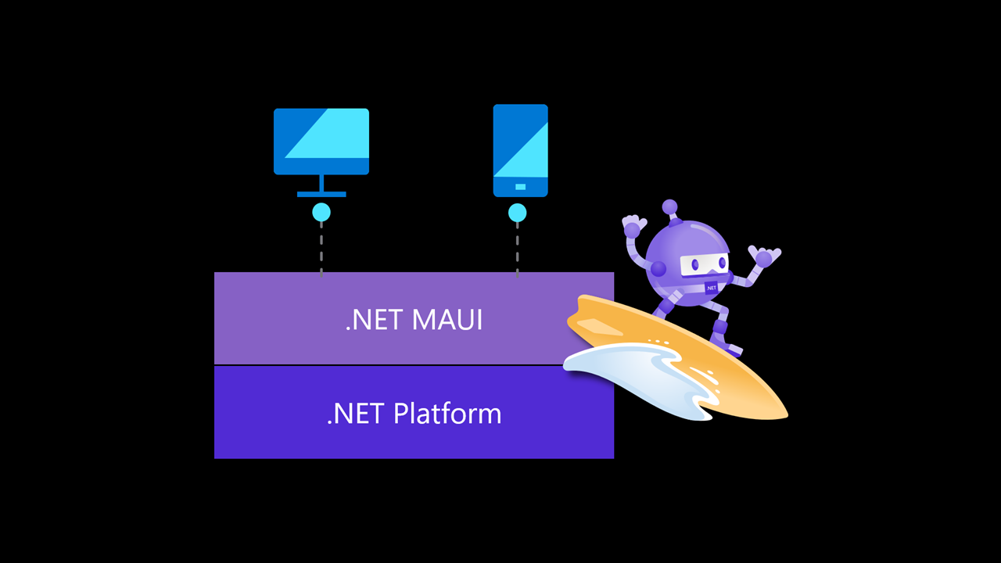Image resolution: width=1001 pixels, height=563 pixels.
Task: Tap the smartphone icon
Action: pyautogui.click(x=520, y=149)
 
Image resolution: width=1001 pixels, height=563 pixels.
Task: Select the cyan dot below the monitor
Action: pyautogui.click(x=321, y=212)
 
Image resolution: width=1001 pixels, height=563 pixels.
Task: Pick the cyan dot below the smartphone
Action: pyautogui.click(x=517, y=213)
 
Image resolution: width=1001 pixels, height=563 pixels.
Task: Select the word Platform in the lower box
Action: pyautogui.click(x=447, y=413)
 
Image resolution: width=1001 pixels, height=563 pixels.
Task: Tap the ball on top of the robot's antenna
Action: pyautogui.click(x=669, y=206)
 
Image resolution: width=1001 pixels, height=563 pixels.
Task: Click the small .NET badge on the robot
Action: pyautogui.click(x=711, y=288)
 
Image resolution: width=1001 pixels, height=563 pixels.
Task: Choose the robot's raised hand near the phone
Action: pyautogui.click(x=633, y=227)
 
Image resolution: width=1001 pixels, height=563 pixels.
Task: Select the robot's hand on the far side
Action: pyautogui.click(x=763, y=256)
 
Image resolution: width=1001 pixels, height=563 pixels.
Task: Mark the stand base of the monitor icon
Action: pyautogui.click(x=321, y=193)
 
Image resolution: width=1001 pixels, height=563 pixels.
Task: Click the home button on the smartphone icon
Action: pyautogui.click(x=520, y=187)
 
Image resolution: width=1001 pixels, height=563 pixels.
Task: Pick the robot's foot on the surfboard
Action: pyautogui.click(x=733, y=349)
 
